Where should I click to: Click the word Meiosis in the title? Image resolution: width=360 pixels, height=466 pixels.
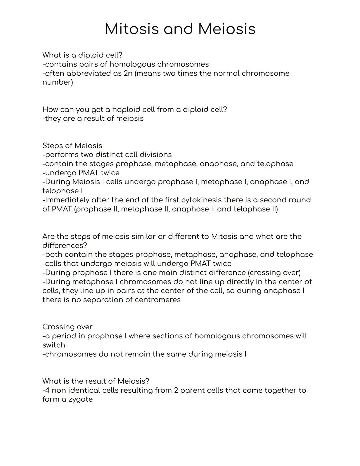227,29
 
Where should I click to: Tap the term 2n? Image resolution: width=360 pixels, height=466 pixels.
128,73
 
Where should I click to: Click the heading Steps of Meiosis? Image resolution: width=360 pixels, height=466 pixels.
72,146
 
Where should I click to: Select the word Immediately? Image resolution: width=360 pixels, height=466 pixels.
67,200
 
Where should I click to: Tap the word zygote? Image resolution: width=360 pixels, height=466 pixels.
81,399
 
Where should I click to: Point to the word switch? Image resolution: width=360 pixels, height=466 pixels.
54,345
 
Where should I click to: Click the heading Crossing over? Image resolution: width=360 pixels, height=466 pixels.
67,327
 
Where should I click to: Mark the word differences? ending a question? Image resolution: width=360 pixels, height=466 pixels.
65,246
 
